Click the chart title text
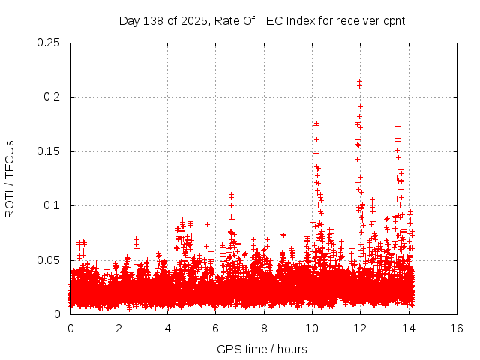262,20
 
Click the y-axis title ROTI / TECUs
10,178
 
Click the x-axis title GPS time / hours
262,349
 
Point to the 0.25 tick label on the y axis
49,43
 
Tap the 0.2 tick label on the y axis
52,97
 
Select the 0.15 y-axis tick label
49,151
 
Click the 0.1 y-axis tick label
52,206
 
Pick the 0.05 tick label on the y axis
49,260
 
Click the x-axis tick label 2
118,328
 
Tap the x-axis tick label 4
167,328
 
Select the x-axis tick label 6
215,328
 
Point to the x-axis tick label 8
264,328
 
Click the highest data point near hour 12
360,81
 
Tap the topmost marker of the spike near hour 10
316,124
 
